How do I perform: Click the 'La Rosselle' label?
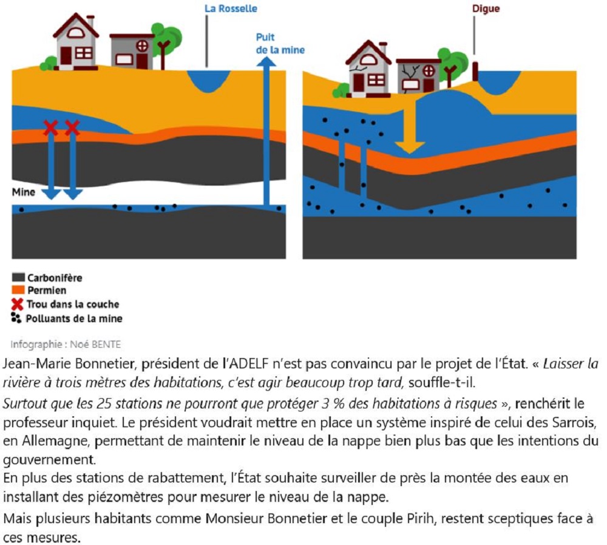tap(231, 8)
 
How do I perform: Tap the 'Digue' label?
tap(486, 8)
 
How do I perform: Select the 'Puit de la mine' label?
tap(280, 43)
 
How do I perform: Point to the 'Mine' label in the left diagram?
tap(23, 192)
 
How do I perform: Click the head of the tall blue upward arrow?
tap(266, 61)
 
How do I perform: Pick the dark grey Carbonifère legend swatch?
tap(18, 277)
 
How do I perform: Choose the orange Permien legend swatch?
tap(18, 290)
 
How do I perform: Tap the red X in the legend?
tap(18, 304)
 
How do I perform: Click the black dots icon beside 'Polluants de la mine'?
tap(16, 318)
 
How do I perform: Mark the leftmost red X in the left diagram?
tap(51, 127)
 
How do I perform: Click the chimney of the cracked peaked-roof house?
tap(383, 48)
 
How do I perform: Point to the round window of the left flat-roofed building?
tap(142, 46)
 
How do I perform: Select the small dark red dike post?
tap(475, 72)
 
